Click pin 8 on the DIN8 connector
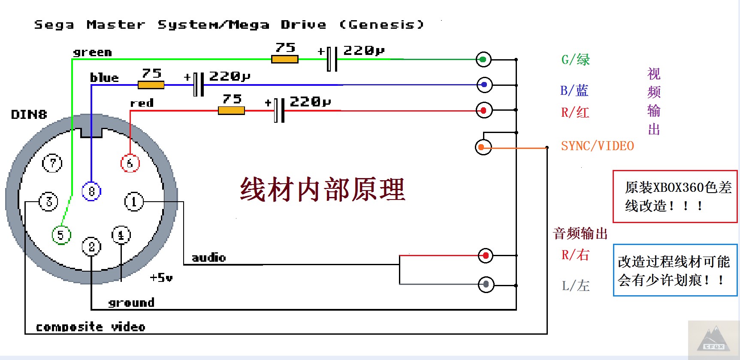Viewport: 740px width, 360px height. (91, 191)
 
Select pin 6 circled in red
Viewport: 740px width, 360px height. (130, 163)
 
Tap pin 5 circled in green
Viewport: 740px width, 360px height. (61, 235)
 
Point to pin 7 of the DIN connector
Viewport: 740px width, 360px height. (52, 163)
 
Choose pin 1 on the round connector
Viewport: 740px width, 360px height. (134, 201)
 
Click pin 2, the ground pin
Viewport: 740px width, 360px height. (91, 247)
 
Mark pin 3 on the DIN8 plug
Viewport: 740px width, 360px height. (48, 201)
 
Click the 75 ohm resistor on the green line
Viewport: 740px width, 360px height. (285, 59)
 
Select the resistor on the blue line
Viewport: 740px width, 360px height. (151, 85)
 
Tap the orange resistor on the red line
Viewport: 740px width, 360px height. (231, 111)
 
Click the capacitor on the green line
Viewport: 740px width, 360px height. (332, 59)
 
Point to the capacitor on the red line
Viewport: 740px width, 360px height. (279, 110)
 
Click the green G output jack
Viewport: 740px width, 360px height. (483, 59)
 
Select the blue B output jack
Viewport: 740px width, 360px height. (484, 85)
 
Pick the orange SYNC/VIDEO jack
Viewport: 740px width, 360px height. (483, 147)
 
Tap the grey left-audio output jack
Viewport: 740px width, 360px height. (486, 284)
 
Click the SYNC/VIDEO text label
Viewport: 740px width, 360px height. (597, 146)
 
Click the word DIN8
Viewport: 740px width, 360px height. (29, 115)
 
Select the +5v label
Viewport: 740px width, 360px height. (161, 278)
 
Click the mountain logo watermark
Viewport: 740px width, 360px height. (713, 340)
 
